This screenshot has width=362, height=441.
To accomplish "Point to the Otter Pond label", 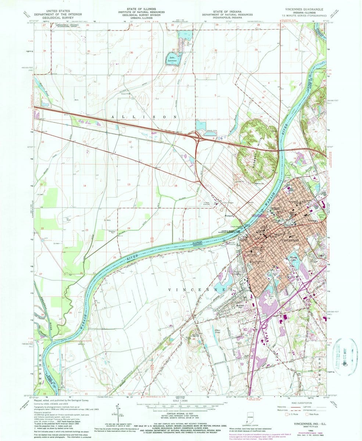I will point(216,332).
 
